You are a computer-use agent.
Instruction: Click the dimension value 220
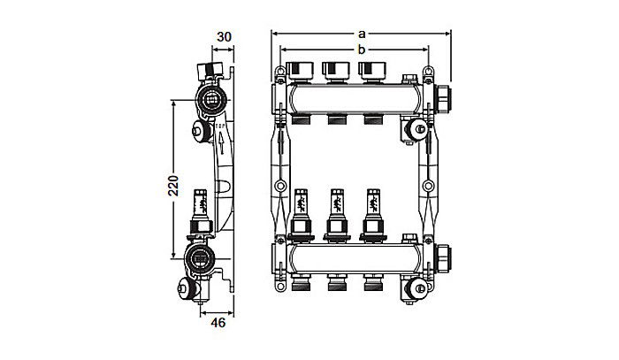coord(174,185)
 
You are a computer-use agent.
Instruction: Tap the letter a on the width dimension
coord(361,33)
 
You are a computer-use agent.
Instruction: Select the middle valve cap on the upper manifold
coord(335,67)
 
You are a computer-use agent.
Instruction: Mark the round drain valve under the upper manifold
coord(411,131)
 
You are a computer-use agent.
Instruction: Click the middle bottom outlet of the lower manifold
coord(335,285)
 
